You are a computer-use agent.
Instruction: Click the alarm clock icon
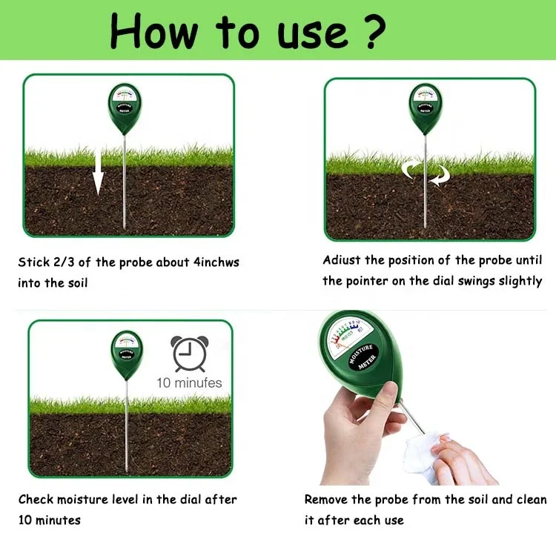pyautogui.click(x=190, y=354)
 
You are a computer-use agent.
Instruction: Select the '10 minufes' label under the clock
pyautogui.click(x=189, y=383)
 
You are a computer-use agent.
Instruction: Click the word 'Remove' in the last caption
pyautogui.click(x=328, y=500)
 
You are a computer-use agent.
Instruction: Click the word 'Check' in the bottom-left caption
pyautogui.click(x=36, y=500)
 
